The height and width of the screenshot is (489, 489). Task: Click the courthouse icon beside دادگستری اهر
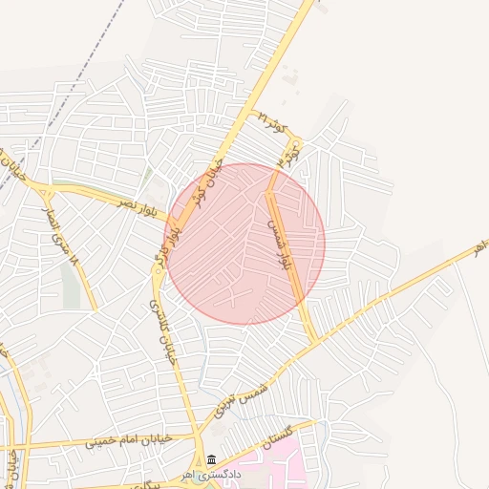[x=211, y=460]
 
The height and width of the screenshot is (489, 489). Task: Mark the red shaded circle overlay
[x=245, y=244]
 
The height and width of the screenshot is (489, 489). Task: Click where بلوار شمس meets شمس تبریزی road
[x=314, y=341]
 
